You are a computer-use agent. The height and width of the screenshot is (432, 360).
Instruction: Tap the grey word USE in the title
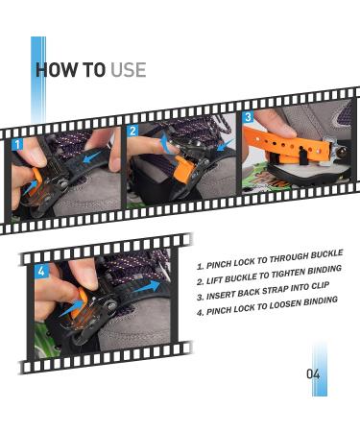pos(129,70)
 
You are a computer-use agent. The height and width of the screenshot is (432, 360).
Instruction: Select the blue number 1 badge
pos(18,144)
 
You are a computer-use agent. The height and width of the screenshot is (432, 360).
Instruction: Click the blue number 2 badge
pos(133,131)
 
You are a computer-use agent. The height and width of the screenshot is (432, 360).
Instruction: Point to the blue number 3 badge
pos(248,117)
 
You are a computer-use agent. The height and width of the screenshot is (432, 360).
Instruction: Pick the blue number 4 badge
pos(41,271)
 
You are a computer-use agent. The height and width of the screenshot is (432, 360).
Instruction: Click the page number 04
pos(313,373)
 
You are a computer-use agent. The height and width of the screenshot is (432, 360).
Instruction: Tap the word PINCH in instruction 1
pos(220,265)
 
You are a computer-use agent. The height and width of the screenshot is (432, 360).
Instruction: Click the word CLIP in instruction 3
pos(320,286)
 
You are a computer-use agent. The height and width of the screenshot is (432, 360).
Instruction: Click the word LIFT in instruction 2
pos(214,280)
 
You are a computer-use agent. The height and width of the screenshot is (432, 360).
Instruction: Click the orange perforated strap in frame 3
pos(286,146)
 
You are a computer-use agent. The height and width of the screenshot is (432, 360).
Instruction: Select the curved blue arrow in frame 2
pos(165,143)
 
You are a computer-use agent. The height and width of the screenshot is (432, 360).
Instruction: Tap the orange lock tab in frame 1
pos(36,180)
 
